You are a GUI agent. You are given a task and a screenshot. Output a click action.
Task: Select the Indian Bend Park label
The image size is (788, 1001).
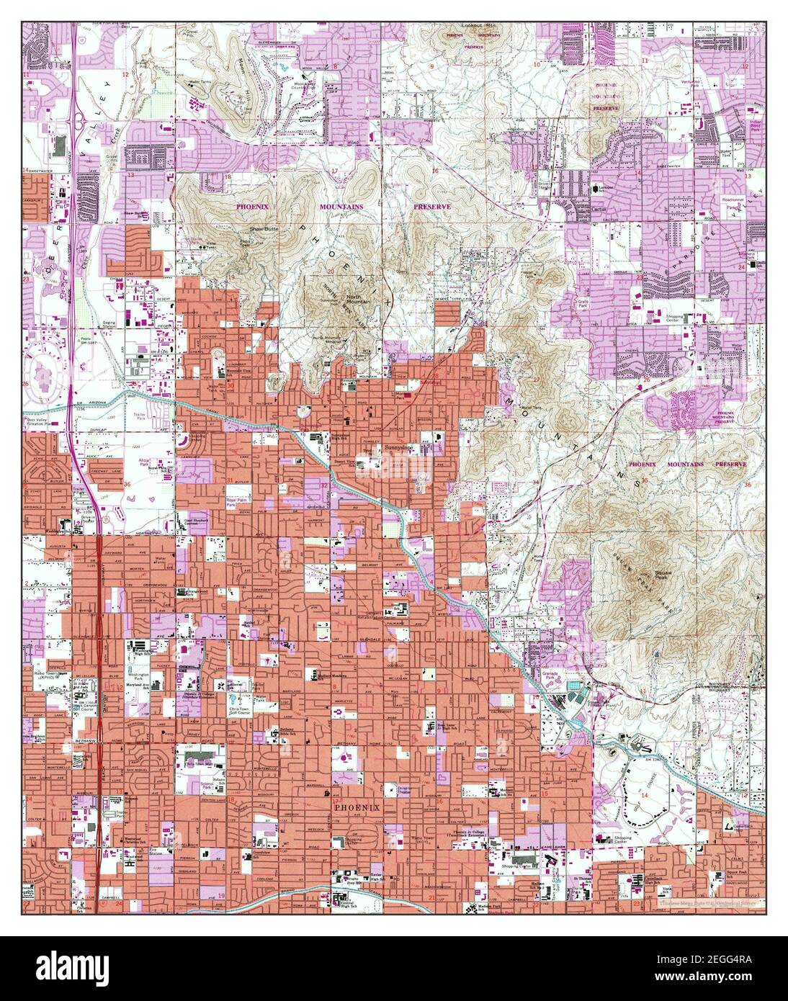(756, 125)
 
